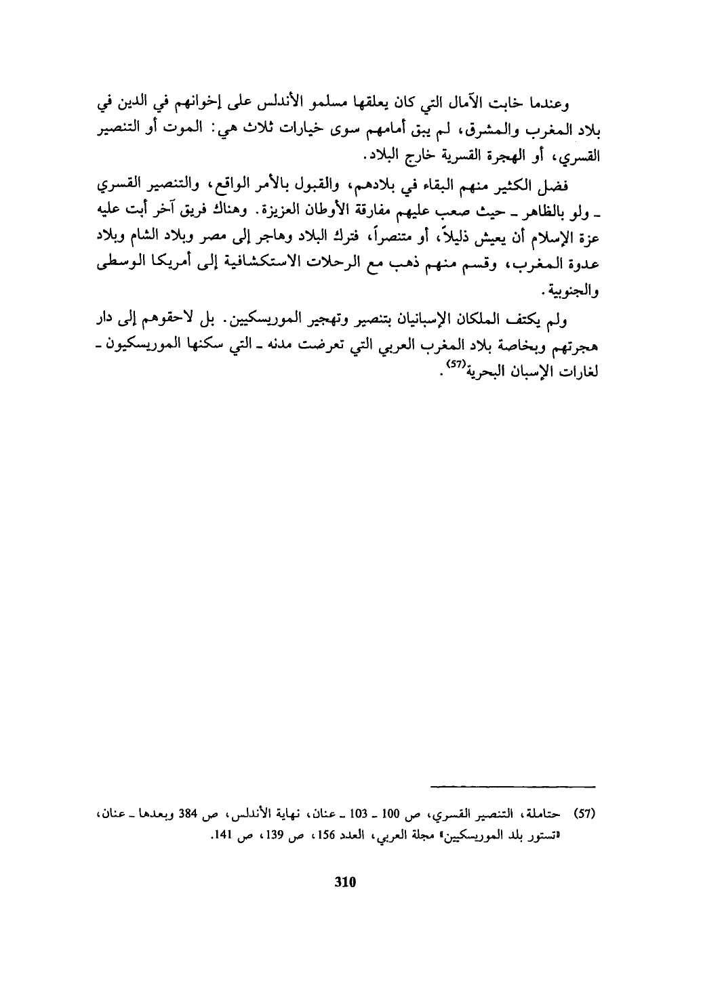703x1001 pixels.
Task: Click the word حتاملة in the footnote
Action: pos(546,811)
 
